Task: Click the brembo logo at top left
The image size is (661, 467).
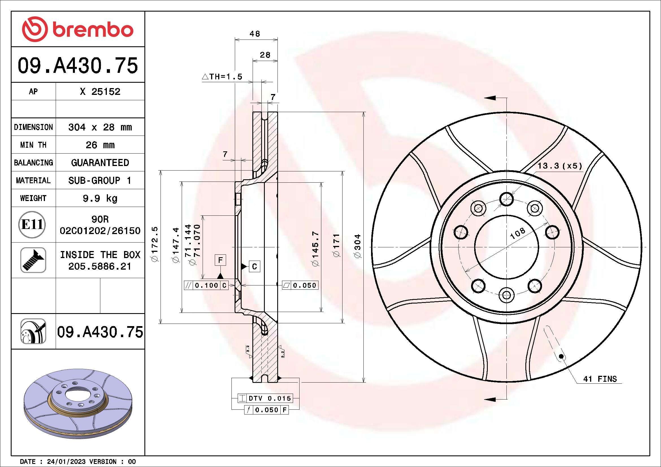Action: click(x=78, y=29)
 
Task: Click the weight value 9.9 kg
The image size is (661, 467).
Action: click(x=100, y=198)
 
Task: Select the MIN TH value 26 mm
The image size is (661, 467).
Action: click(x=100, y=145)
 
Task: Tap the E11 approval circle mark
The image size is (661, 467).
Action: click(x=32, y=224)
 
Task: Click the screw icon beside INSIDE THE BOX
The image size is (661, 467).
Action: click(x=33, y=260)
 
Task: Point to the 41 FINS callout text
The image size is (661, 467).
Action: click(x=600, y=379)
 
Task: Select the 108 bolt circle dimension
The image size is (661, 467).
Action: click(x=517, y=234)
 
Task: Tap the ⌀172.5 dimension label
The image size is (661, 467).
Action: click(x=155, y=245)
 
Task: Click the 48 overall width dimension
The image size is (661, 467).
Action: click(x=255, y=34)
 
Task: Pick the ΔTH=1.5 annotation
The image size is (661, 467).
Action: click(x=222, y=77)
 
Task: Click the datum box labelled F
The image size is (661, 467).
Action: click(x=220, y=260)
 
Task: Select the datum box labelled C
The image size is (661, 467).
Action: click(x=254, y=267)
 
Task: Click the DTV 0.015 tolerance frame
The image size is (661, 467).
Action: click(x=265, y=398)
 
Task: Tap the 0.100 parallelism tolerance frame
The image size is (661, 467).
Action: click(x=206, y=285)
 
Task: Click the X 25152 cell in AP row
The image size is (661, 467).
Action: click(x=100, y=91)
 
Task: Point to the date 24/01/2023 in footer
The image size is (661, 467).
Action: click(x=66, y=462)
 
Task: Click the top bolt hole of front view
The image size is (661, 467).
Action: click(x=506, y=199)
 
